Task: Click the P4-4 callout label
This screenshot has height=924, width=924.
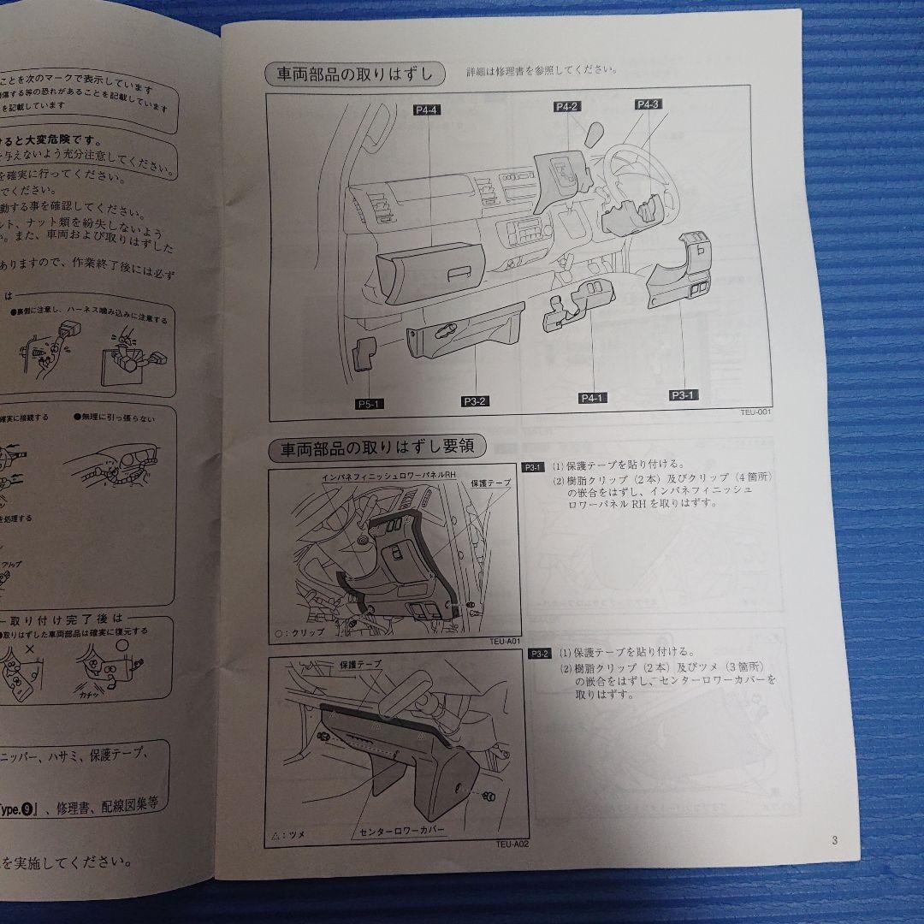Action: point(426,110)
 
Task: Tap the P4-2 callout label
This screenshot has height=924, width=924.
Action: point(567,106)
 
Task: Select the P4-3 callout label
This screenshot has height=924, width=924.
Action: point(648,104)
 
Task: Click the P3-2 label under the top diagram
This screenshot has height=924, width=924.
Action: point(476,400)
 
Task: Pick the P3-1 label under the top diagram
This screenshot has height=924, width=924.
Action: point(684,394)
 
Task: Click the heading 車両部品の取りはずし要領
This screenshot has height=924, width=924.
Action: point(376,447)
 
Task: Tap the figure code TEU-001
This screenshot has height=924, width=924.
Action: point(756,412)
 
